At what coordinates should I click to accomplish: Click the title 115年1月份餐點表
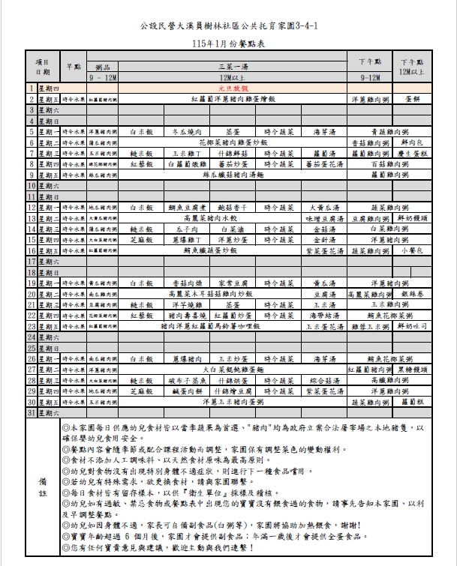(229, 44)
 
